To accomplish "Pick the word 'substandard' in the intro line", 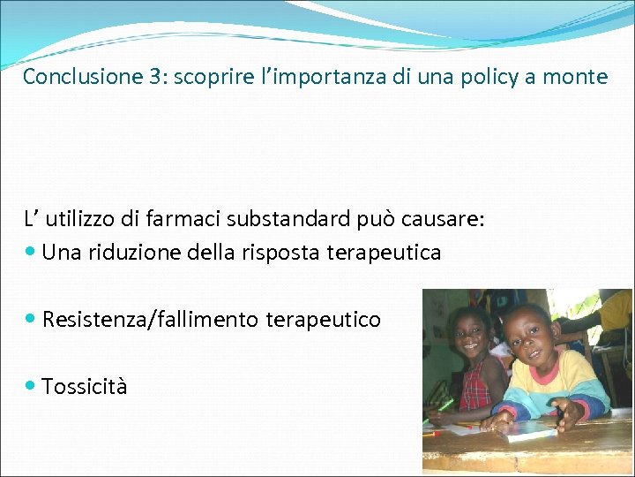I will [271, 219].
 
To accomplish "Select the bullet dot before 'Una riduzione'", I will [31, 252].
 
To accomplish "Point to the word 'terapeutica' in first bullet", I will [384, 253].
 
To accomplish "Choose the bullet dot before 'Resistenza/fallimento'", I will [31, 318].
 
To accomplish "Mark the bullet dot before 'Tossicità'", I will [31, 385].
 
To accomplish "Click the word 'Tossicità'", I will [85, 386].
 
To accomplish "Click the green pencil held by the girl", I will [445, 405].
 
